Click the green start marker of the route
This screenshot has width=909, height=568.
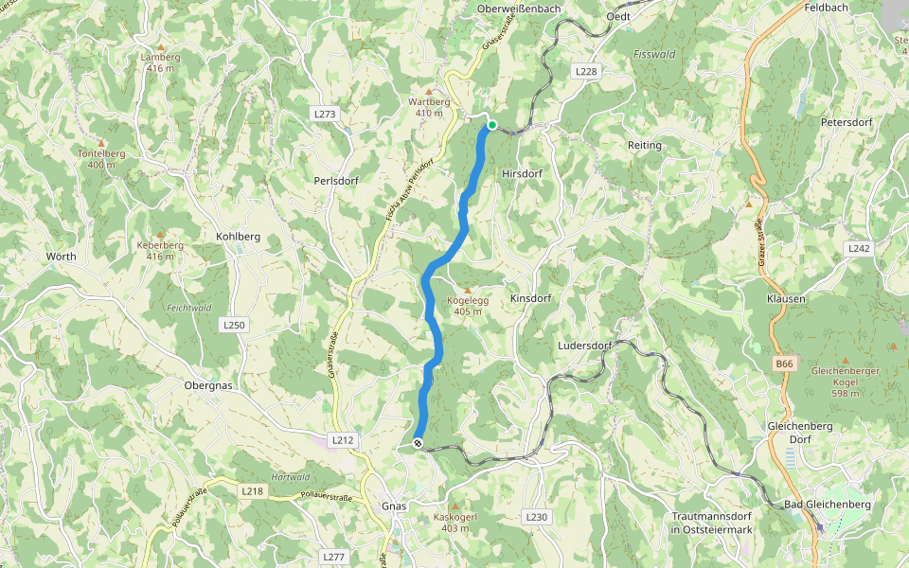tap(491, 124)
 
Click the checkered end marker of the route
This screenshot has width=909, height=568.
tap(418, 442)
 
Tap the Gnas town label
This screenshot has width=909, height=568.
tap(394, 506)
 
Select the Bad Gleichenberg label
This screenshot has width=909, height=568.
tap(827, 505)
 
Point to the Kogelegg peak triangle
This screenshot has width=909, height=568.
tap(467, 290)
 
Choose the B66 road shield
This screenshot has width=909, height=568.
tap(784, 364)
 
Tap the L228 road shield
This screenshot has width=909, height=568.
tap(587, 71)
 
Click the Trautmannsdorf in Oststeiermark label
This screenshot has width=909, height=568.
tap(711, 523)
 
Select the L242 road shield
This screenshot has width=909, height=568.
tap(858, 248)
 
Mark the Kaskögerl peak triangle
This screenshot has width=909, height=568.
tap(453, 506)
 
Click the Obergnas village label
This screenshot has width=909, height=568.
tap(208, 386)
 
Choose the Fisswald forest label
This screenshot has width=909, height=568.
tap(654, 54)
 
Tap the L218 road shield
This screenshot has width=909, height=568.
tap(252, 491)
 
